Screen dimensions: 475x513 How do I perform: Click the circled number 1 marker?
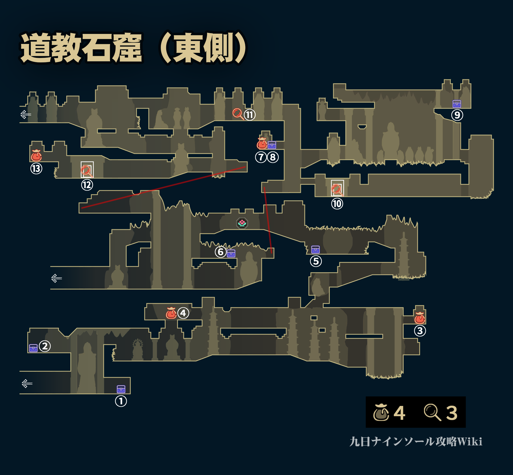[121, 401]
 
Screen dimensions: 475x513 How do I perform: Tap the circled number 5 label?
[316, 261]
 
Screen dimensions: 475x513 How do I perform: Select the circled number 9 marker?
[457, 115]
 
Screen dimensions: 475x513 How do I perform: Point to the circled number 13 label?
[36, 169]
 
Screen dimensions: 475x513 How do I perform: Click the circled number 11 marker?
[250, 115]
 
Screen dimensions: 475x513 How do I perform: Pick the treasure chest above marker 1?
[121, 389]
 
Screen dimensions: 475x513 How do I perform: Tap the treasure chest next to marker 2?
[33, 348]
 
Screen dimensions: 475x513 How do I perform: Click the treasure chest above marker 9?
[457, 104]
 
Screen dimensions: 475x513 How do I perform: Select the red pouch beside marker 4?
[171, 313]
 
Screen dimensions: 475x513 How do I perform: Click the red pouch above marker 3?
[420, 318]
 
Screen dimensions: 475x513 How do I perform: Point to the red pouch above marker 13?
[36, 155]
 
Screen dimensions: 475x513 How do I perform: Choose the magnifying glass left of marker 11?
[238, 113]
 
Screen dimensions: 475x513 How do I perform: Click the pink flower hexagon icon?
[242, 223]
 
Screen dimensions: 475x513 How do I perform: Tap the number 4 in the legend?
[399, 413]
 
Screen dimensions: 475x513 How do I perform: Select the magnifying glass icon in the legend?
[432, 412]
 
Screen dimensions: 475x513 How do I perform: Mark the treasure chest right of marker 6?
[231, 253]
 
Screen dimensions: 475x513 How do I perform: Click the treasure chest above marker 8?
[272, 145]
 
